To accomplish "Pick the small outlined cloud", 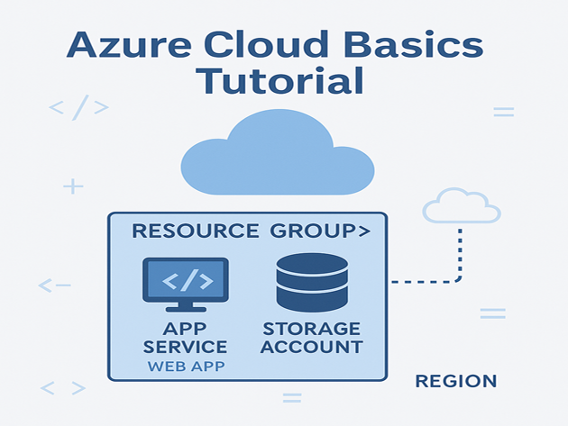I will click(x=461, y=206).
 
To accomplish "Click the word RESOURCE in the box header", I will click(x=195, y=231).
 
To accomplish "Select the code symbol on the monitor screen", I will click(x=186, y=281).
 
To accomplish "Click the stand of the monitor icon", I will click(x=186, y=309).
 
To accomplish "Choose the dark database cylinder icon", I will click(x=312, y=282).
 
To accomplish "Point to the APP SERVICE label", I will click(x=185, y=338).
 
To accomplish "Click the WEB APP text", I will click(x=185, y=367).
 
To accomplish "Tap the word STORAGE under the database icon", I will click(x=312, y=329).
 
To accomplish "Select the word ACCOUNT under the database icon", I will click(x=312, y=347).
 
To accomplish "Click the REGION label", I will click(x=455, y=381).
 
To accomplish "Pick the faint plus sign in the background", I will click(x=73, y=186).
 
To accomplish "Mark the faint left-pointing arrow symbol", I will click(x=54, y=286).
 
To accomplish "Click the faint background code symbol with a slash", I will click(x=78, y=108).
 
